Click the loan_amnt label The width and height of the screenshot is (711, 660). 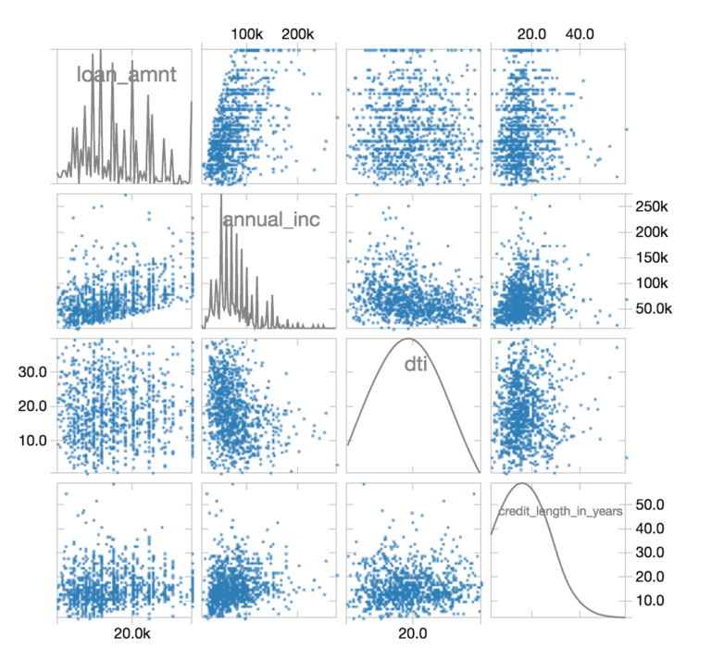coord(126,75)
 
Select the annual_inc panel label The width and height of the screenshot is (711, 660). coord(264,219)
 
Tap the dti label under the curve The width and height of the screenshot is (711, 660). coord(414,365)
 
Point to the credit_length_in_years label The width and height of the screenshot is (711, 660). coord(559,510)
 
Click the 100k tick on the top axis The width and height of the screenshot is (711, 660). coord(247,34)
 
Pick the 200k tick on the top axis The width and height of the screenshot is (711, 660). coord(297,34)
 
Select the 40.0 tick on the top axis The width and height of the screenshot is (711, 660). coord(580,34)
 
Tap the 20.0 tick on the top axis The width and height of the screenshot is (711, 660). coord(531,34)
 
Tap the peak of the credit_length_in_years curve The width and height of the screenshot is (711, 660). coord(524,484)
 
